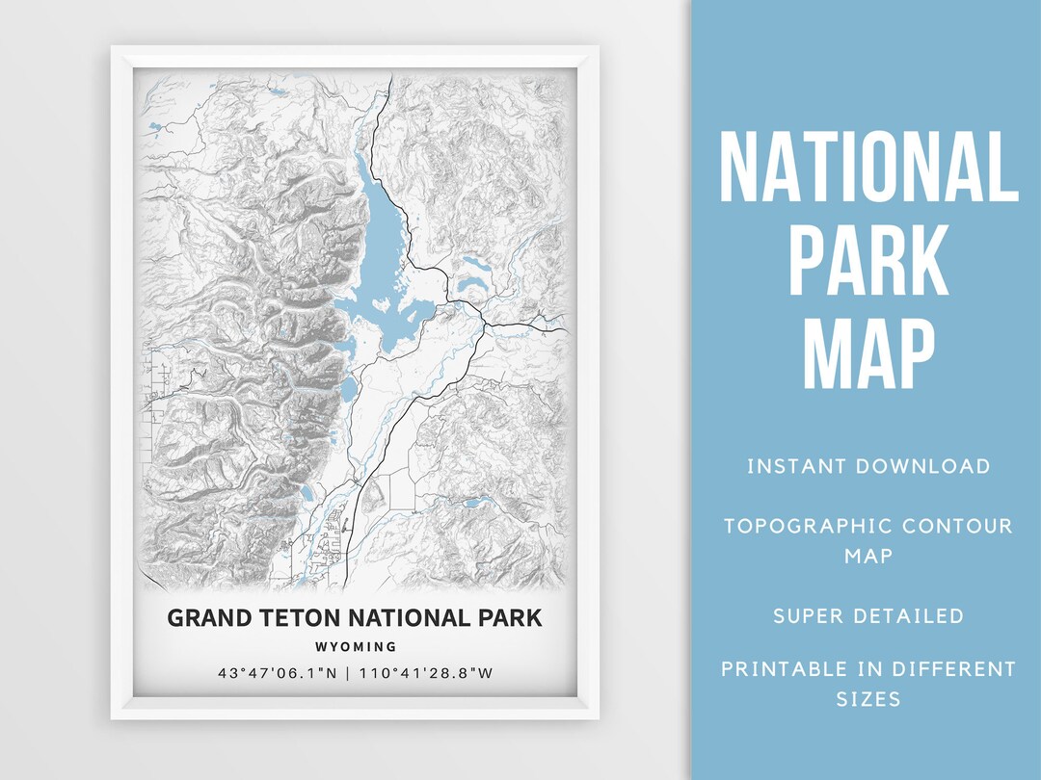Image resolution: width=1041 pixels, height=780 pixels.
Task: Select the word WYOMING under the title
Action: [355, 647]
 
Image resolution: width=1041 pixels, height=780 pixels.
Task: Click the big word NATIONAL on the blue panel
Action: [868, 169]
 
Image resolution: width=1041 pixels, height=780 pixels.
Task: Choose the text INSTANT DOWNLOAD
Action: [868, 467]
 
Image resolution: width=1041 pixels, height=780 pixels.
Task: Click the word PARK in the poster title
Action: [507, 617]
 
